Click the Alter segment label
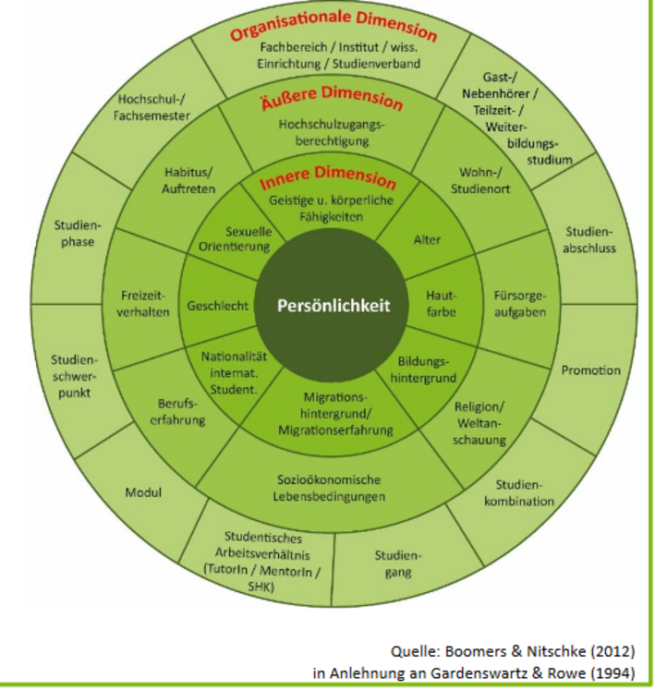tap(428, 239)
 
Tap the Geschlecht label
tap(218, 306)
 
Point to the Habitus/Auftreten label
tap(190, 180)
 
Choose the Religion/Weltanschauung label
tap(480, 423)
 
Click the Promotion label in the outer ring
tap(590, 370)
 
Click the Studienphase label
tap(79, 233)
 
